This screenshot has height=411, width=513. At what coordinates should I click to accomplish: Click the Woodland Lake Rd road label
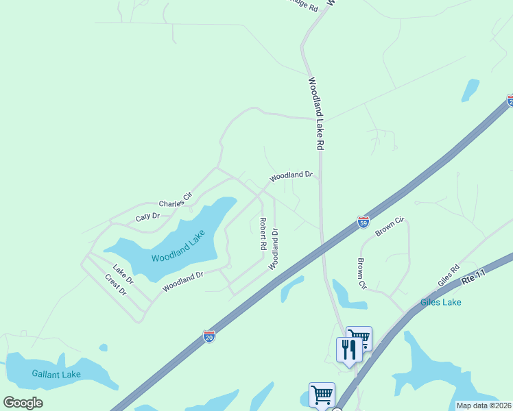click(x=315, y=114)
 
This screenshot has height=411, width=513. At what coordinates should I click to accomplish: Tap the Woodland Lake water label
click(x=179, y=249)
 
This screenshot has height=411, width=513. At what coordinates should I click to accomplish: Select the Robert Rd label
click(x=262, y=233)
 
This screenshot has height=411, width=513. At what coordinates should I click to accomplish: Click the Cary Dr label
click(x=147, y=217)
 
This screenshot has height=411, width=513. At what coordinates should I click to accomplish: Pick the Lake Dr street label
click(x=123, y=274)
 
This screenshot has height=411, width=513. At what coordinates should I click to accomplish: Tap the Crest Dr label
click(x=116, y=285)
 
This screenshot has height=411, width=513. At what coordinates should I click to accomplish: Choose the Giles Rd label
click(x=448, y=277)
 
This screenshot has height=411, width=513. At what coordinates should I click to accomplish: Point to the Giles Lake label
click(x=441, y=302)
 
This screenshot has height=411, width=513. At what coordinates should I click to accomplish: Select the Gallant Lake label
click(x=56, y=374)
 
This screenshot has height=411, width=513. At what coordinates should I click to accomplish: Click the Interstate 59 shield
click(x=363, y=222)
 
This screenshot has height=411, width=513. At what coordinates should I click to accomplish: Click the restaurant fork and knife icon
click(x=349, y=350)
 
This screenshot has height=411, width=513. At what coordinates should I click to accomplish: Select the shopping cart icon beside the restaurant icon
click(x=359, y=338)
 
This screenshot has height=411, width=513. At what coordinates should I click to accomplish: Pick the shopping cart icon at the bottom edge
click(x=322, y=395)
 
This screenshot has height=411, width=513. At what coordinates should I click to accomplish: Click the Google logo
click(x=23, y=403)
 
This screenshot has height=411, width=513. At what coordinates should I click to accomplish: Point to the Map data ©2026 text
click(x=484, y=406)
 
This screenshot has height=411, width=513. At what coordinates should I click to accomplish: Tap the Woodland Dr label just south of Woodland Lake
click(x=183, y=282)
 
